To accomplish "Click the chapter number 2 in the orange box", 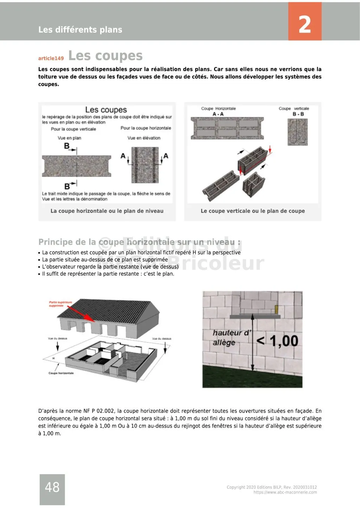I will [304, 25].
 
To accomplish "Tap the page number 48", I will [52, 487].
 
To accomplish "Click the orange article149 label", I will [51, 58].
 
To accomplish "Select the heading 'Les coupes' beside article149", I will [105, 56].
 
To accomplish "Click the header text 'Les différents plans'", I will [80, 30].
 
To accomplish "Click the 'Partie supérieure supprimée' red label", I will [60, 304].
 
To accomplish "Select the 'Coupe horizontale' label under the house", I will [61, 373].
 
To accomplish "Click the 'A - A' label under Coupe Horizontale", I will [218, 114].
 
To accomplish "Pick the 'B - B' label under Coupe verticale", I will [298, 114].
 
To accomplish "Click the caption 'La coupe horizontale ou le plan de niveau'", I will [107, 211].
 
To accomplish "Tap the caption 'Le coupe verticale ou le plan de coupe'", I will [252, 211].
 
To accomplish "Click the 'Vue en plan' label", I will [69, 138].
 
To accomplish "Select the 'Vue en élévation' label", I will [144, 138].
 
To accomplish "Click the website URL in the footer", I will [285, 492].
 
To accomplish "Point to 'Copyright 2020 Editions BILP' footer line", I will [271, 487].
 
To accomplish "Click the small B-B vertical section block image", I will [297, 132].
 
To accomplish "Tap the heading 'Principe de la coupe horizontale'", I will [139, 242].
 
